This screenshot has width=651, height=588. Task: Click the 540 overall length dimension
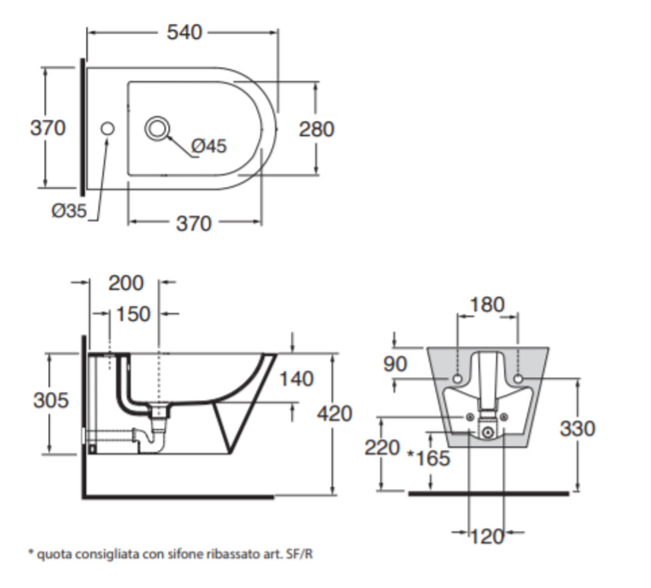point(184,31)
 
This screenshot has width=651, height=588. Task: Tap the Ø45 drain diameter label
point(209,146)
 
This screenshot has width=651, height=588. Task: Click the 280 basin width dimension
point(316,129)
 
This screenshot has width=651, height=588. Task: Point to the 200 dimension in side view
point(126,283)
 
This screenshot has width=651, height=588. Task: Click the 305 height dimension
point(50,400)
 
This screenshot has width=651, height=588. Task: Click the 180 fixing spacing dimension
point(487,304)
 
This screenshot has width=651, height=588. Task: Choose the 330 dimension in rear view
point(577,428)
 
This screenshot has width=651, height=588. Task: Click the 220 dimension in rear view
point(381,448)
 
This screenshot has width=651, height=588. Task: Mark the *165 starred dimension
point(428,458)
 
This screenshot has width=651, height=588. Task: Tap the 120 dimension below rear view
point(487,536)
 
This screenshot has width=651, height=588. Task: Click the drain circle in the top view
point(157,128)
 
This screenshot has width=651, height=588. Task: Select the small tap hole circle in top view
point(107,129)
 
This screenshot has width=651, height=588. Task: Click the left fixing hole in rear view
point(457,378)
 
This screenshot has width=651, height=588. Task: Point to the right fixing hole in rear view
point(518,378)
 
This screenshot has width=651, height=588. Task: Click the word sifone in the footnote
point(157,555)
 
